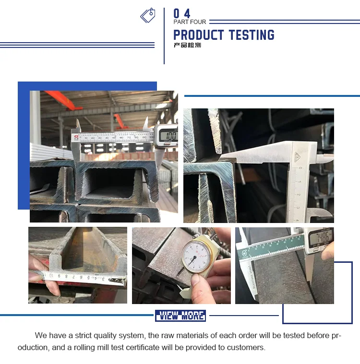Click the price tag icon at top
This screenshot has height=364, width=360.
[148, 15]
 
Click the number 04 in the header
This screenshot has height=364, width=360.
[182, 13]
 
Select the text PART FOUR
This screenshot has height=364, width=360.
[190, 22]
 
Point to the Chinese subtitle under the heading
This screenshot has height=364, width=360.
[187, 46]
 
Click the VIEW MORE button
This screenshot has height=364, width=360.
[180, 316]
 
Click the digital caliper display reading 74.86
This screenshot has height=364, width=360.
[320, 236]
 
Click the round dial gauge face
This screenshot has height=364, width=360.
[195, 255]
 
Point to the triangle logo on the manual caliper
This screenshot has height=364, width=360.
[298, 157]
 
